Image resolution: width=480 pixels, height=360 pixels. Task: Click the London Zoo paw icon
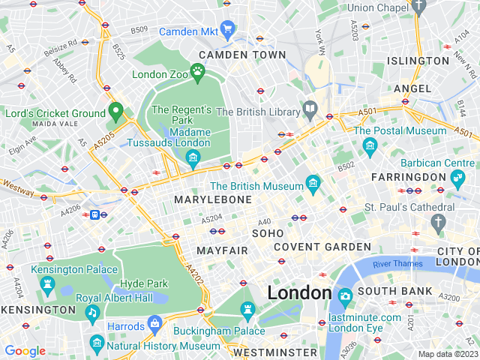[x=197, y=73]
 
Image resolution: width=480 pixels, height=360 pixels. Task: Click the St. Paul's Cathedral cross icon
[x=438, y=222]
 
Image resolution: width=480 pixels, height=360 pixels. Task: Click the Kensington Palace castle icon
[x=48, y=284]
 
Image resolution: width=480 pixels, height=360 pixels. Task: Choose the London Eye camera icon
[x=345, y=296]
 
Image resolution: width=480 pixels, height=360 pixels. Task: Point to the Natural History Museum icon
[x=96, y=344]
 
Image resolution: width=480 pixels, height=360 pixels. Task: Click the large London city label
[x=299, y=292]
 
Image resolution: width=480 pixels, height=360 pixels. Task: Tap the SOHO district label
[x=268, y=234]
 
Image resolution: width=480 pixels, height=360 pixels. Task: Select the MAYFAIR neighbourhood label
[x=222, y=250]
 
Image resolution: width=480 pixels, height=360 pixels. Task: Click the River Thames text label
[x=397, y=264]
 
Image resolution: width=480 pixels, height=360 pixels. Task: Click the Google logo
[x=25, y=351]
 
